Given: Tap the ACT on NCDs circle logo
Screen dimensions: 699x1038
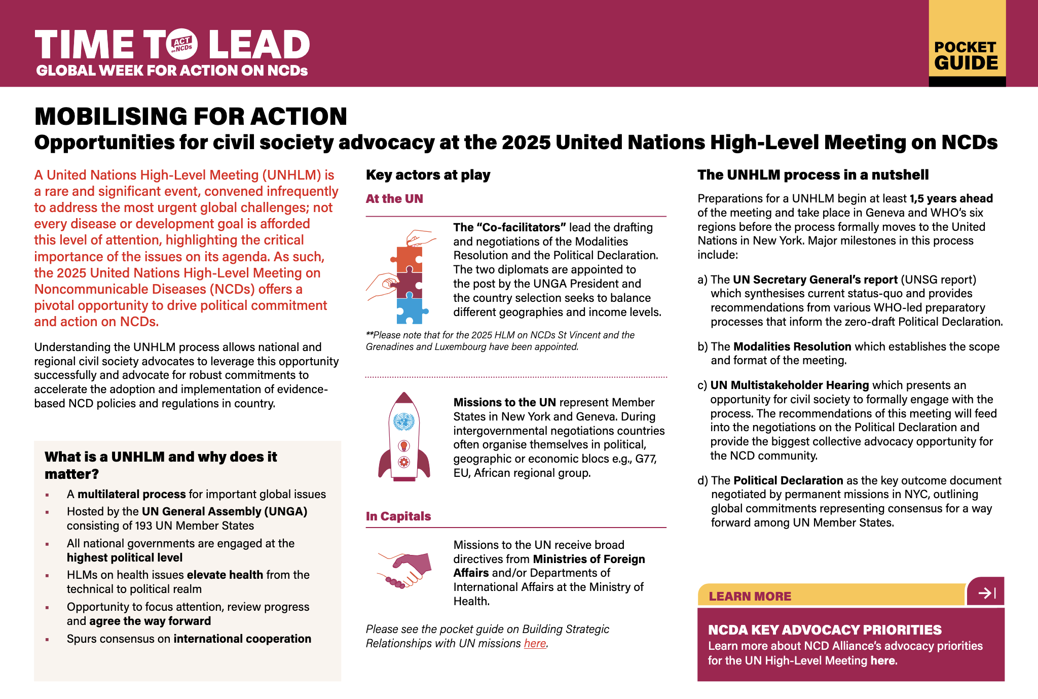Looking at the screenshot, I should coord(181,45).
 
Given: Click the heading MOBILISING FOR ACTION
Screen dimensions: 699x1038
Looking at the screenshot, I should coord(191,117).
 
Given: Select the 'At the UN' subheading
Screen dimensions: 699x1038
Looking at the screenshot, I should coord(394,199).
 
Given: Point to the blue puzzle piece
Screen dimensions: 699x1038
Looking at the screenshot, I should coord(410,310).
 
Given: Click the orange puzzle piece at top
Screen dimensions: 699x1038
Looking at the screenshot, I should coord(409,259).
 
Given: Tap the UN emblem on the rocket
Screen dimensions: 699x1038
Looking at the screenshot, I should coord(404,421).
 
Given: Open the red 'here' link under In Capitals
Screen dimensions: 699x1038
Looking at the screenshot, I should coord(535,644).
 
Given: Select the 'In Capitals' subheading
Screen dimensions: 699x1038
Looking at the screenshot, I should coord(398,516).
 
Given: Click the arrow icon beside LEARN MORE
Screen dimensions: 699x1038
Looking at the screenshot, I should coord(986,592).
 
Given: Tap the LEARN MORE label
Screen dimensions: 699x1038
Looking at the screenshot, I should coord(750,597).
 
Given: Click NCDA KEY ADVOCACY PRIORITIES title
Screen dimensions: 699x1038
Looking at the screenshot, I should coord(825,630).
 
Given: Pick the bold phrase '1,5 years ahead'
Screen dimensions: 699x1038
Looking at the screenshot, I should coord(951,199).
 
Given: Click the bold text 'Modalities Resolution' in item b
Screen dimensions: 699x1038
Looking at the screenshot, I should coord(792,347).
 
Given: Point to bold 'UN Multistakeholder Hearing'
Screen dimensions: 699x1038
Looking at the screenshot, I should coord(789,386).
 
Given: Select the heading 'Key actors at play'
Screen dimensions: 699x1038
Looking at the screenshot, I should coord(428,175).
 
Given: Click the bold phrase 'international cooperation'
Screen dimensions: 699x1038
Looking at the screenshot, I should coord(242,639).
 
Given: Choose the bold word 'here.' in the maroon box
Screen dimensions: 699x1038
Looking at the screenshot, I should coord(883,661).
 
